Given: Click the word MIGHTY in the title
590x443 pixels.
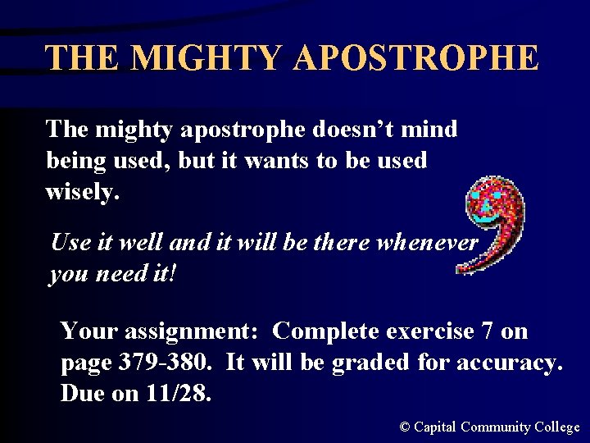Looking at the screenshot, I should [x=206, y=58].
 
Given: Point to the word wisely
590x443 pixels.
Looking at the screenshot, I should [x=83, y=191].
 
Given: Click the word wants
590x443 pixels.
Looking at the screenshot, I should [x=273, y=160].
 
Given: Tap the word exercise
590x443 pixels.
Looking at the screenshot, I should [x=426, y=331].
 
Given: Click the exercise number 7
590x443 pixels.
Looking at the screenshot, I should [x=488, y=331].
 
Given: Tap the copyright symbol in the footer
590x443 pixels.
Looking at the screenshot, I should [x=404, y=427].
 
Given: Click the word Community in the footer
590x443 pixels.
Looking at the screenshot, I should [x=496, y=427].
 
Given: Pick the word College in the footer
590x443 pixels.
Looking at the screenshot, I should [x=557, y=427].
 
